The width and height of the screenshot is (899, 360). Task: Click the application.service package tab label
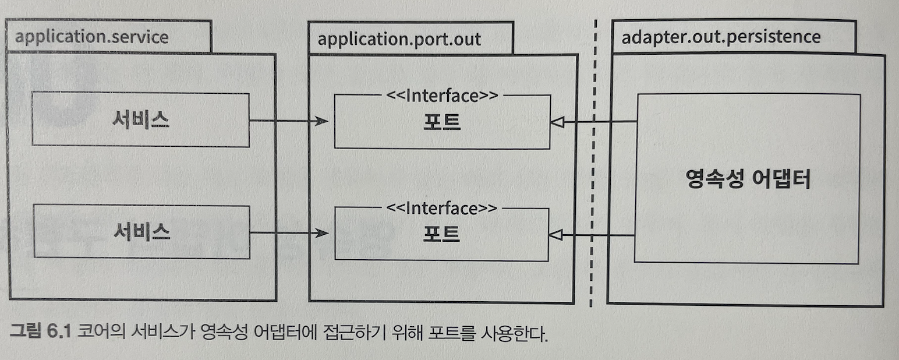(91, 37)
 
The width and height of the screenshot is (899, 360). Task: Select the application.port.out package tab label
(399, 39)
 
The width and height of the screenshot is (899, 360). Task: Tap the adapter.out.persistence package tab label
(721, 37)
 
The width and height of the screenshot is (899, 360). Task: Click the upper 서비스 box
(140, 119)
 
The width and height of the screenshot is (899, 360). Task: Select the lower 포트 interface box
(442, 235)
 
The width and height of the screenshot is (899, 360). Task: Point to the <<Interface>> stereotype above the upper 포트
(442, 95)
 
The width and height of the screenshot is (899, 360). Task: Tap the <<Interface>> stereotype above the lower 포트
(442, 207)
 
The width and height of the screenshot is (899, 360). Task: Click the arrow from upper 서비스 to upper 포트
(288, 121)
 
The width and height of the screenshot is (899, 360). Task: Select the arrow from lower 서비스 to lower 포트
(288, 234)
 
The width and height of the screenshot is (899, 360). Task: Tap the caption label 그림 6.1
(40, 334)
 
